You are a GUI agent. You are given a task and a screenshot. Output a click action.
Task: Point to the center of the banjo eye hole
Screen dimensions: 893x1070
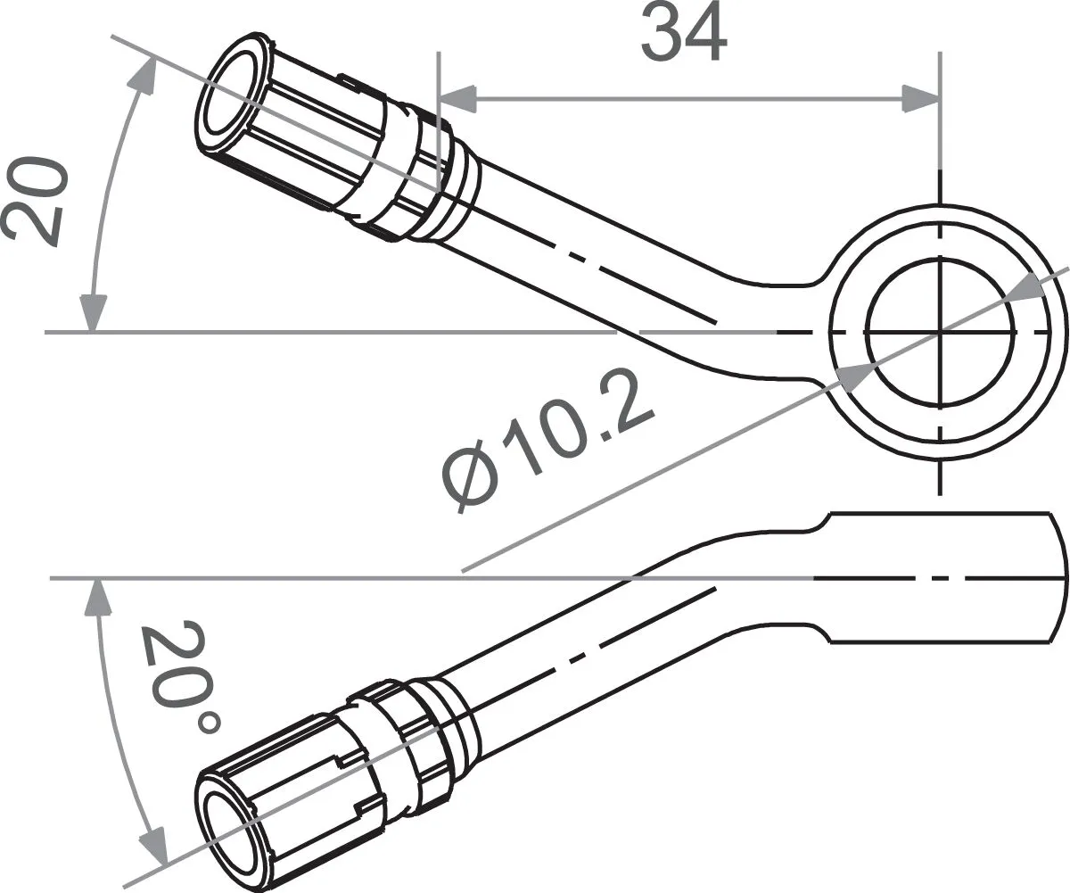(x=940, y=332)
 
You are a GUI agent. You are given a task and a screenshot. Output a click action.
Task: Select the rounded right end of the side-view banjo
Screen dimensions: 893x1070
(x=1058, y=576)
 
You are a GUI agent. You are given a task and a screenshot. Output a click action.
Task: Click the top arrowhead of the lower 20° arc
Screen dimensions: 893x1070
(x=94, y=598)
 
